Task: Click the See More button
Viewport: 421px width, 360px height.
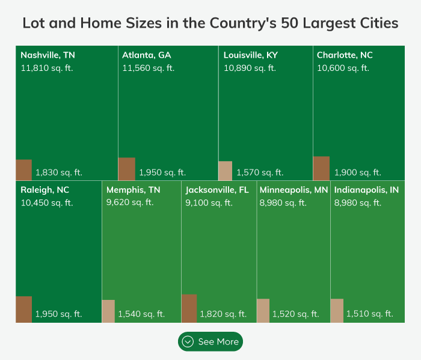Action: pyautogui.click(x=210, y=341)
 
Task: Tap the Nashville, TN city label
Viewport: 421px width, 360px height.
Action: pyautogui.click(x=48, y=55)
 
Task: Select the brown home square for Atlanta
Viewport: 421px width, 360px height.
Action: pyautogui.click(x=126, y=169)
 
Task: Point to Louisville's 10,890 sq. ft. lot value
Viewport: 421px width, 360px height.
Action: pyautogui.click(x=250, y=68)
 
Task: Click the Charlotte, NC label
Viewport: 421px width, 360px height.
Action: pyautogui.click(x=345, y=55)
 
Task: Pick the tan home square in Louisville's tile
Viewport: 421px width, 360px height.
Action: pyautogui.click(x=225, y=171)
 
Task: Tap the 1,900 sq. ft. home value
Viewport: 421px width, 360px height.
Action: pyautogui.click(x=358, y=172)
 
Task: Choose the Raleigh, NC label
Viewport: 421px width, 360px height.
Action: pyautogui.click(x=45, y=190)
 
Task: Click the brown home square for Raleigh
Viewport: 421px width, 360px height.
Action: pyautogui.click(x=23, y=310)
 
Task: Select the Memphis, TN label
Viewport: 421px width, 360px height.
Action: pyautogui.click(x=134, y=190)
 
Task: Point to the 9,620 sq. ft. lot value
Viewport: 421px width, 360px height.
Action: pyautogui.click(x=130, y=203)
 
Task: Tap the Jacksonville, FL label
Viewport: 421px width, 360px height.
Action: pyautogui.click(x=217, y=190)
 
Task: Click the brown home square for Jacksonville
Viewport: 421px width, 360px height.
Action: pyautogui.click(x=189, y=308)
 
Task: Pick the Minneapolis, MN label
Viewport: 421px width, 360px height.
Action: pyautogui.click(x=294, y=190)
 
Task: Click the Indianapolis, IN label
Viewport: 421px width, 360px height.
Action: pyautogui.click(x=366, y=190)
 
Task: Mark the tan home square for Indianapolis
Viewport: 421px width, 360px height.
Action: pyautogui.click(x=337, y=311)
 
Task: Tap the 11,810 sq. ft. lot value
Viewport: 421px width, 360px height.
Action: pyautogui.click(x=46, y=68)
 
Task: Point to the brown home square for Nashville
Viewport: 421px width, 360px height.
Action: pyautogui.click(x=23, y=170)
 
